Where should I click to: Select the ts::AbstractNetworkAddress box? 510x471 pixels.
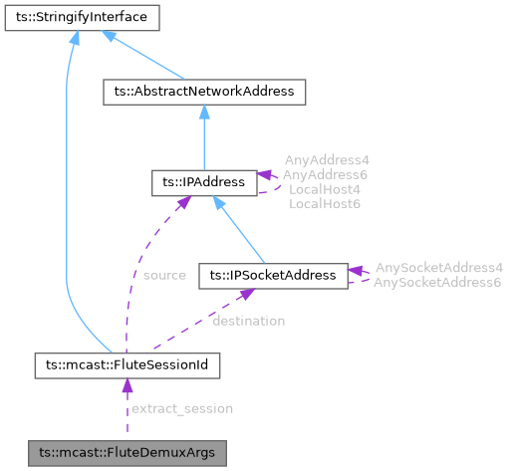tap(204, 92)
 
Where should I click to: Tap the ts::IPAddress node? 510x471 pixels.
tap(203, 182)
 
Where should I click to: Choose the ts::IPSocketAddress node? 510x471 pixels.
tap(273, 273)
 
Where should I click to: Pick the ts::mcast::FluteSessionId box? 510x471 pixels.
tap(127, 364)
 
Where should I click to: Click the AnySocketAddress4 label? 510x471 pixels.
tap(438, 268)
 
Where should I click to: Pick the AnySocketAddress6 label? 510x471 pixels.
tap(438, 283)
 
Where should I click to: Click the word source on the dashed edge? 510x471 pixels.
tap(164, 275)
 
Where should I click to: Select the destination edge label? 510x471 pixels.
tap(249, 321)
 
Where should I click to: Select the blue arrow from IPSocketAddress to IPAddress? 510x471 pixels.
tap(239, 228)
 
